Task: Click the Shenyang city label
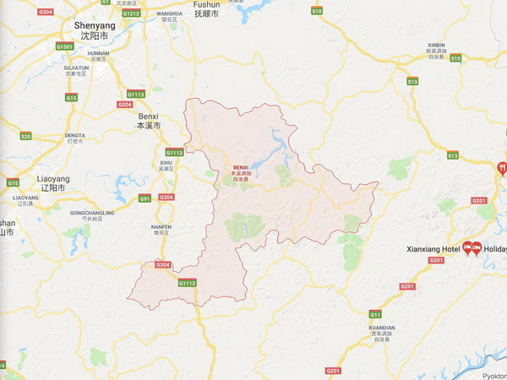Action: [x=93, y=30]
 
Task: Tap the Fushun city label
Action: [x=206, y=9]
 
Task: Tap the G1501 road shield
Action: [x=64, y=46]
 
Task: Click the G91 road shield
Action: [x=144, y=198]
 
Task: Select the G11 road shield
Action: [x=375, y=313]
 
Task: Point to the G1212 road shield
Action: [x=131, y=14]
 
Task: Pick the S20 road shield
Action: [x=25, y=136]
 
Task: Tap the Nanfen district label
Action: [x=161, y=229]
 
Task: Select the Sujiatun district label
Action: [x=75, y=69]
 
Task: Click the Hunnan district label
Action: [x=98, y=55]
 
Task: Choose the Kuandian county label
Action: [x=382, y=330]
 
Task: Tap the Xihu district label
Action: [x=166, y=166]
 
